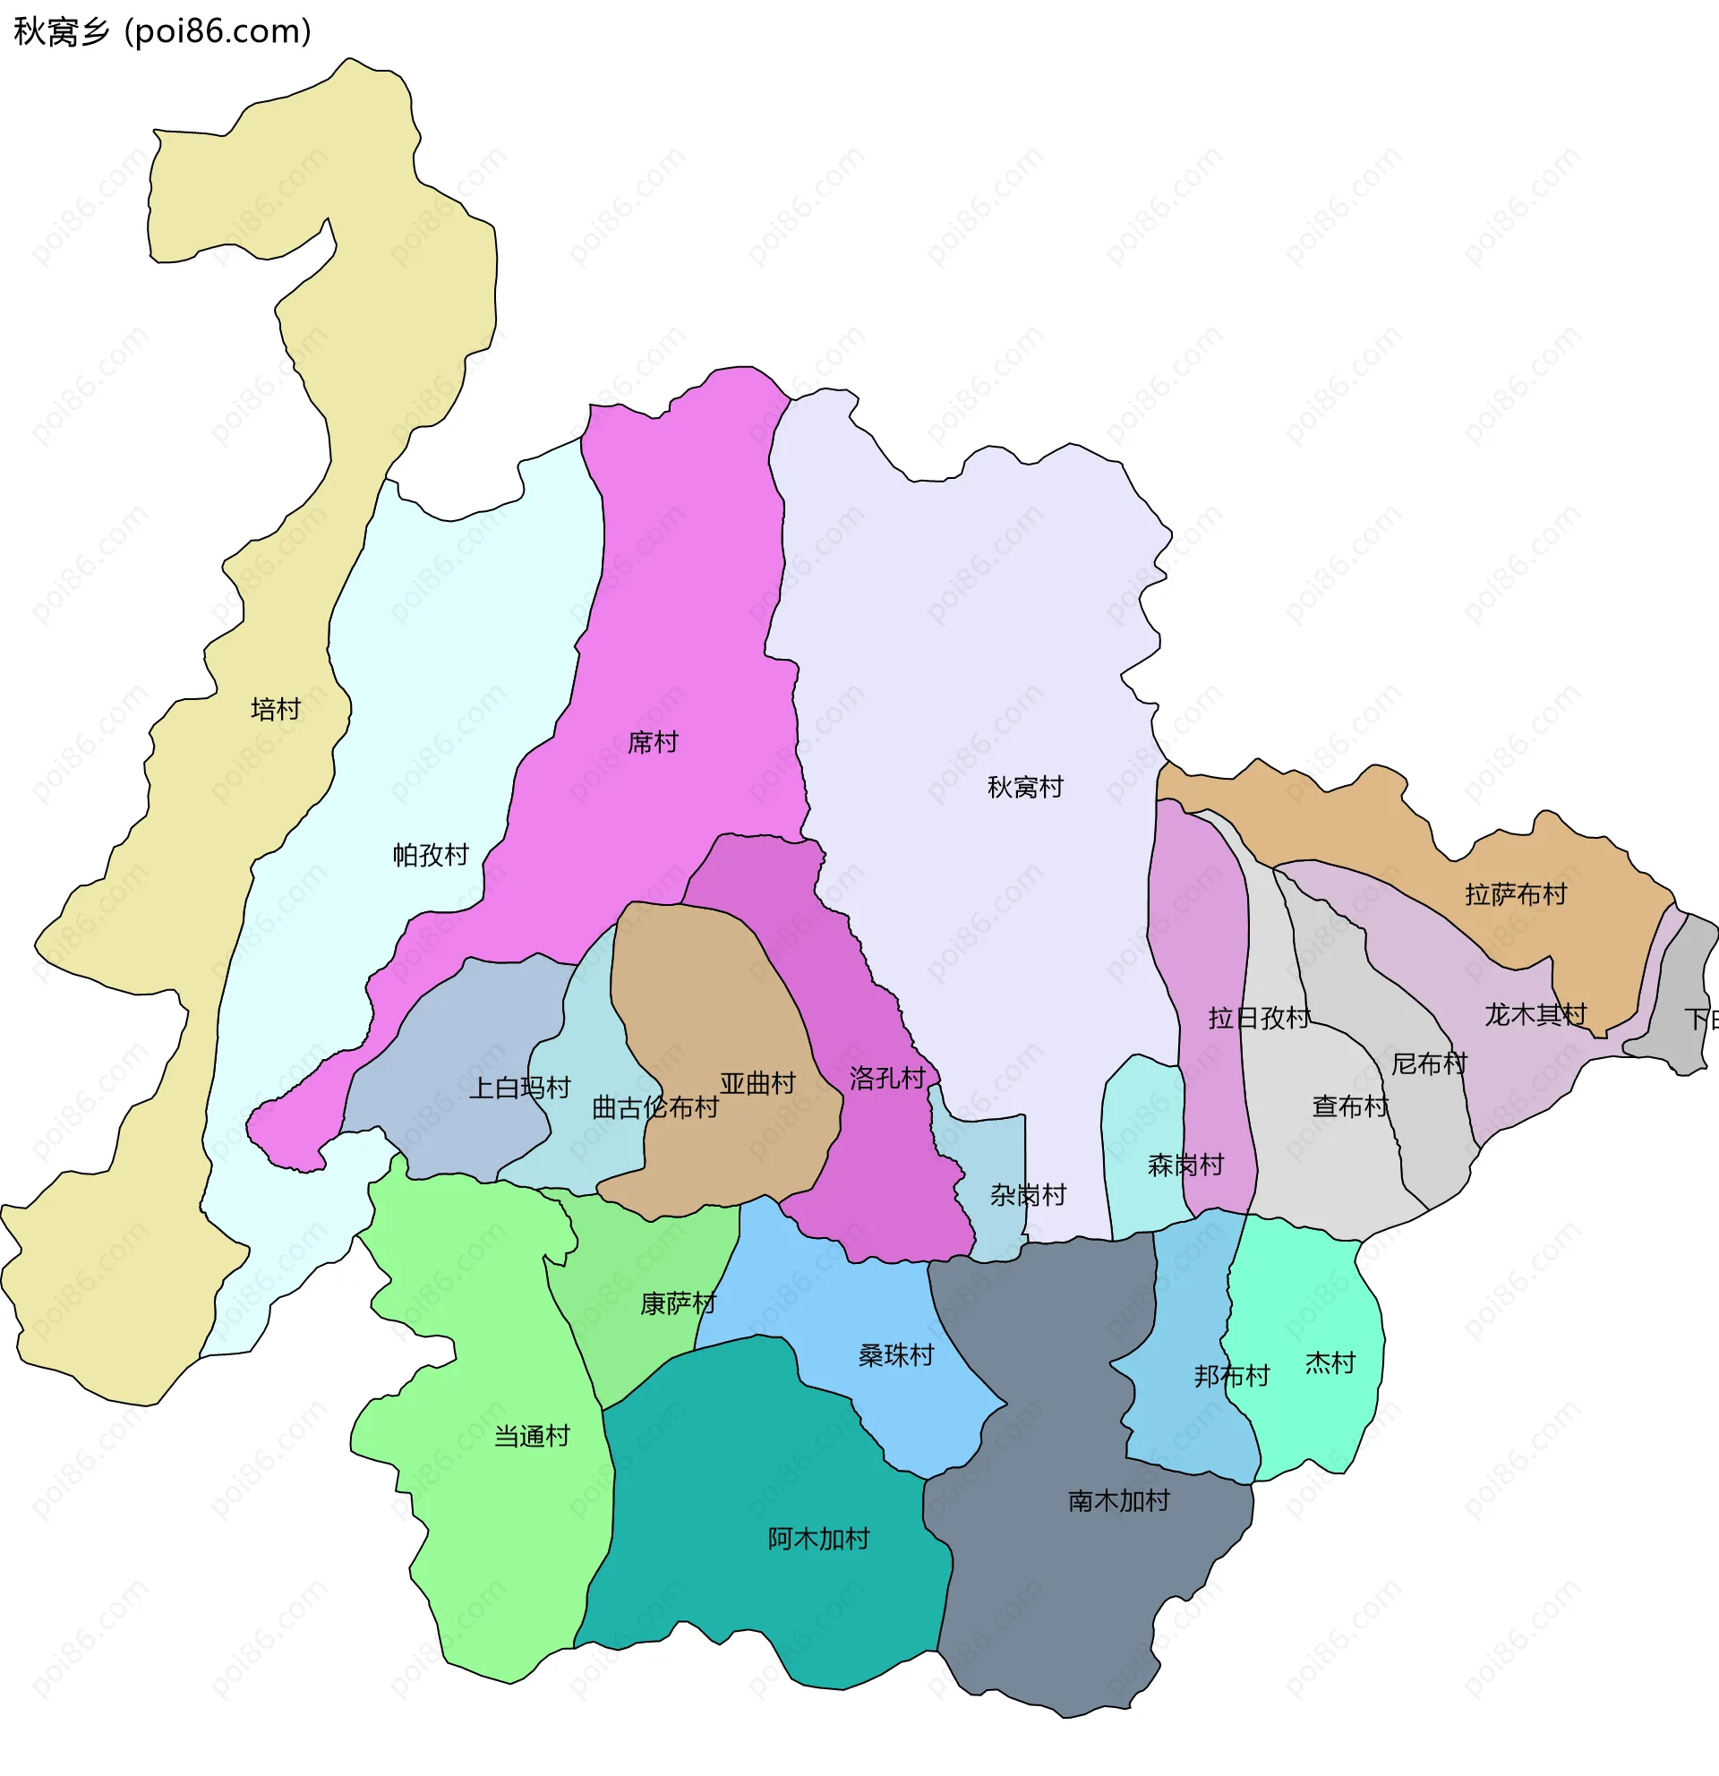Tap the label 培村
tap(276, 709)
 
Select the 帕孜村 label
tap(431, 855)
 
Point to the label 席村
tap(653, 742)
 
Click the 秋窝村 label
tap(1025, 787)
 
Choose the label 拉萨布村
tap(1516, 894)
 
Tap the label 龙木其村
tap(1535, 1014)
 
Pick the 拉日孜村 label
tap(1259, 1018)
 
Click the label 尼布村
tap(1429, 1063)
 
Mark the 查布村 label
tap(1350, 1106)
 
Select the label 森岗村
tap(1185, 1165)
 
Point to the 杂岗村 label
tap(1028, 1194)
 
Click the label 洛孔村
tap(887, 1078)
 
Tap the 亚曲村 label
tap(757, 1083)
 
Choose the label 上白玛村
tap(519, 1088)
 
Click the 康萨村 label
tap(678, 1303)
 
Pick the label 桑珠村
tap(895, 1354)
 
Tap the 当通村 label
tap(532, 1435)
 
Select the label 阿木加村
tap(818, 1538)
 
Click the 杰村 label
tap(1330, 1362)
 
